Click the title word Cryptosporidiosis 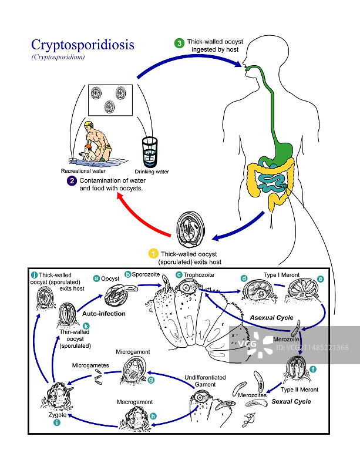82,45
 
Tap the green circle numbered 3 180,43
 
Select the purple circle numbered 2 72,181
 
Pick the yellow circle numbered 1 153,254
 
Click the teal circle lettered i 57,422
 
